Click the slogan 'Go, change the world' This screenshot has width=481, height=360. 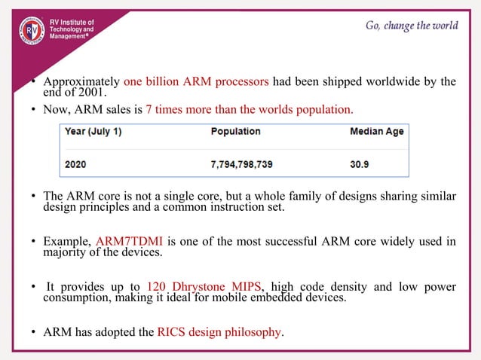412,26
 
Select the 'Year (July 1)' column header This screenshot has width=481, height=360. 94,132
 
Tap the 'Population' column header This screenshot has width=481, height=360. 235,132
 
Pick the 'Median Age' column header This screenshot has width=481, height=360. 376,132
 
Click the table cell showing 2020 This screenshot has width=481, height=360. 75,162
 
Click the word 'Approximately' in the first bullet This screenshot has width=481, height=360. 81,81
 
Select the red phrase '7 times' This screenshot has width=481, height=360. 166,109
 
